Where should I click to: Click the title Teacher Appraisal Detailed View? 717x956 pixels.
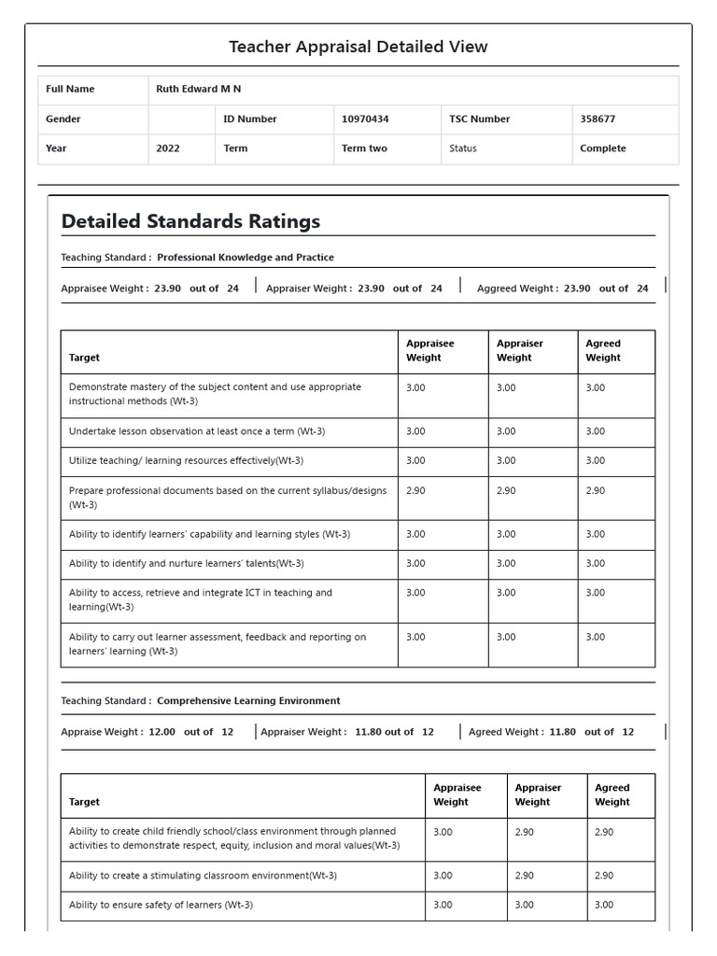click(x=358, y=47)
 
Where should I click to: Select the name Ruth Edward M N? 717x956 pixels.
click(x=198, y=90)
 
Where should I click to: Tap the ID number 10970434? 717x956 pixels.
click(x=365, y=119)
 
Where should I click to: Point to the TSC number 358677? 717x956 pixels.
click(x=597, y=119)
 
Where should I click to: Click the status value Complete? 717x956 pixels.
click(x=602, y=148)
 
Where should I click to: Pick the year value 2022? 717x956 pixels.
click(x=168, y=148)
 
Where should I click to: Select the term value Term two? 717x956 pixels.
click(x=364, y=148)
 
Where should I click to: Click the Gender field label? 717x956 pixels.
click(x=63, y=119)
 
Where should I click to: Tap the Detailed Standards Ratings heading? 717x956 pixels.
click(x=190, y=221)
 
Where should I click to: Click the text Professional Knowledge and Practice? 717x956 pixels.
click(x=245, y=258)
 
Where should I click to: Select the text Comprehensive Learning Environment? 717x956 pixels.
click(x=248, y=701)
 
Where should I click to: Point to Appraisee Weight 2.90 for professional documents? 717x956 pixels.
click(x=415, y=491)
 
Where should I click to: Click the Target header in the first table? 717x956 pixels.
click(x=84, y=358)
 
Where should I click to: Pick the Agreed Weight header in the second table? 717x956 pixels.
click(x=612, y=794)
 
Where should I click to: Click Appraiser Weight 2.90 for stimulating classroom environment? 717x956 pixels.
click(x=525, y=876)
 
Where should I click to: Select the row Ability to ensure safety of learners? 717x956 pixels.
click(x=161, y=905)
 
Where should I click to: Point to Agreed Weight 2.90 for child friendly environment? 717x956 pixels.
click(x=604, y=832)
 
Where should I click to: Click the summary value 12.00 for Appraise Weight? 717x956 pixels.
click(x=162, y=732)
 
